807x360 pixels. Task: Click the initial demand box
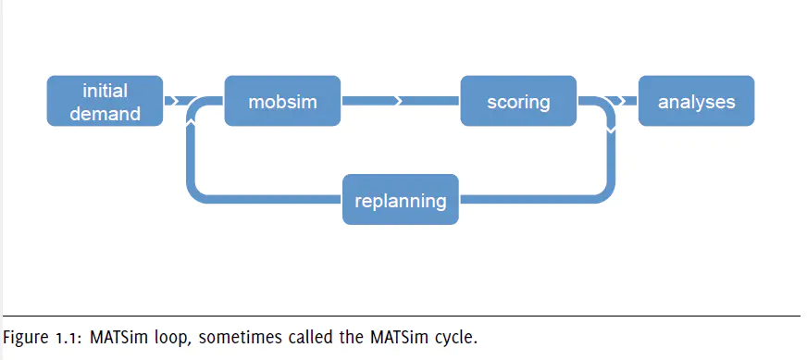pyautogui.click(x=105, y=101)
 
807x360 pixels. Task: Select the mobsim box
pyautogui.click(x=282, y=101)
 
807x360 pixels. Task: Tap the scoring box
pyautogui.click(x=518, y=101)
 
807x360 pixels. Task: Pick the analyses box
pyautogui.click(x=696, y=101)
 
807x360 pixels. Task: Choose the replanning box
pyautogui.click(x=401, y=199)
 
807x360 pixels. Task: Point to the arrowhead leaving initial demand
pyautogui.click(x=174, y=101)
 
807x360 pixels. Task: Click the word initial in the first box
pyautogui.click(x=105, y=92)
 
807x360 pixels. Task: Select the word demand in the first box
pyautogui.click(x=105, y=113)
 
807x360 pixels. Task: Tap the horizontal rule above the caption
pyautogui.click(x=402, y=316)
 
